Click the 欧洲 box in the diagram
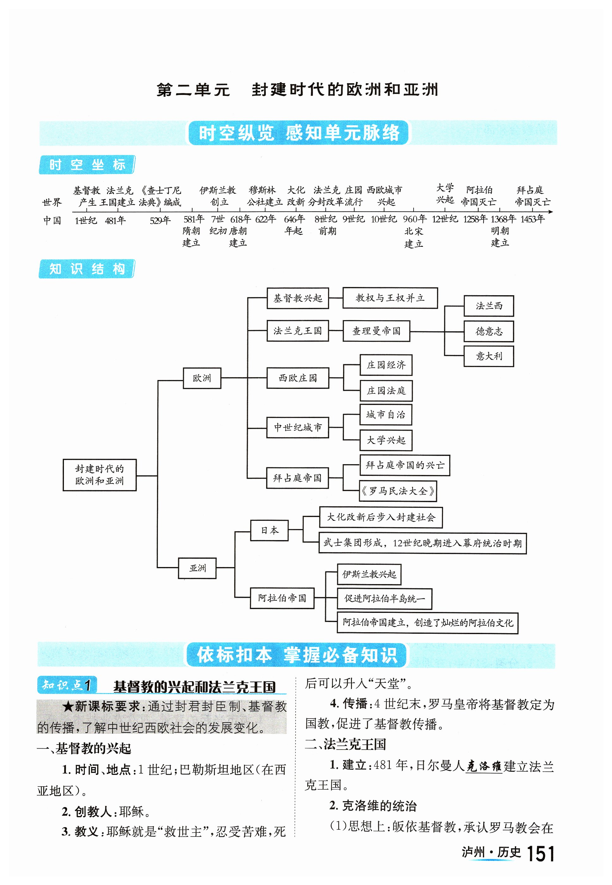click(x=202, y=378)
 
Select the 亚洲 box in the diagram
click(x=197, y=568)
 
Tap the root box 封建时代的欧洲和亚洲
click(x=99, y=475)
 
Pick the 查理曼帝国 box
click(x=376, y=331)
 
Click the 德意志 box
click(x=489, y=331)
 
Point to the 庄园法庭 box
click(x=386, y=391)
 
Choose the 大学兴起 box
click(x=386, y=440)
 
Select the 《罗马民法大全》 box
click(x=398, y=491)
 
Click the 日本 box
click(x=269, y=530)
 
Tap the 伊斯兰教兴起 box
click(x=369, y=574)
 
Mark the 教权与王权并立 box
click(x=390, y=298)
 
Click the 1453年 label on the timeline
click(x=532, y=219)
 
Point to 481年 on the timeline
click(x=115, y=221)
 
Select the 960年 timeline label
click(x=415, y=219)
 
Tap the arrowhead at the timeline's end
click(x=551, y=212)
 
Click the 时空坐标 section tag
click(x=87, y=165)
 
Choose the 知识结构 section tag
click(x=87, y=269)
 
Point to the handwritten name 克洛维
click(x=484, y=766)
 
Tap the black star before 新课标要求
click(x=68, y=706)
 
